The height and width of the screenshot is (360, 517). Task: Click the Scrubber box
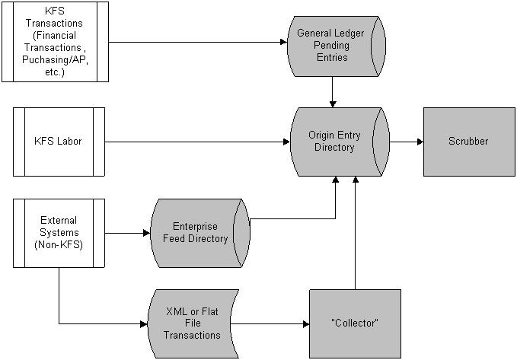point(469,142)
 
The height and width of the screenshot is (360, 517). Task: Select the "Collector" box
point(355,323)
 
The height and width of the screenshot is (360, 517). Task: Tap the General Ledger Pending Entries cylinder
point(337,46)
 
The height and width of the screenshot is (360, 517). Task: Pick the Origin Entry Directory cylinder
point(340,142)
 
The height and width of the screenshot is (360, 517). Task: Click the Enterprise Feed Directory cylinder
point(200,233)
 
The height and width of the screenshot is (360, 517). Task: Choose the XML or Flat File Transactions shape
point(193,323)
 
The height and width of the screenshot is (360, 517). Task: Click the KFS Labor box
point(59,142)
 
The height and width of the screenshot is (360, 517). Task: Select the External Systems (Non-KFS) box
point(59,233)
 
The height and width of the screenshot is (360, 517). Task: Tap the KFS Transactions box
point(56,42)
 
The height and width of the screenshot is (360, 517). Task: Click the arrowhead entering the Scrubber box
point(420,142)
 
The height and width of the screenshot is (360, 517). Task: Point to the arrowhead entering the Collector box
point(306,323)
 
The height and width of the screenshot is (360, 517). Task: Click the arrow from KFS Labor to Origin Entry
point(197,142)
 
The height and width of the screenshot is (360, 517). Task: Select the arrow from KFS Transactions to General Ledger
point(198,42)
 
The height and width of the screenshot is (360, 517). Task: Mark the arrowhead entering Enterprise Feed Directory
point(147,233)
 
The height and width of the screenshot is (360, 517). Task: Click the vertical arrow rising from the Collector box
point(355,233)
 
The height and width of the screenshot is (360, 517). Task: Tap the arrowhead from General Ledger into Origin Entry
point(333,104)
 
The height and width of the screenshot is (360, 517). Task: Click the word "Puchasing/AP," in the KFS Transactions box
point(55,59)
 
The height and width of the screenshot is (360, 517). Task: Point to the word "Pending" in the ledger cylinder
point(331,45)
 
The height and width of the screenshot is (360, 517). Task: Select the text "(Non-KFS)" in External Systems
point(59,245)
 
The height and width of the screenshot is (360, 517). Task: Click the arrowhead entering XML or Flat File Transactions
point(144,323)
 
